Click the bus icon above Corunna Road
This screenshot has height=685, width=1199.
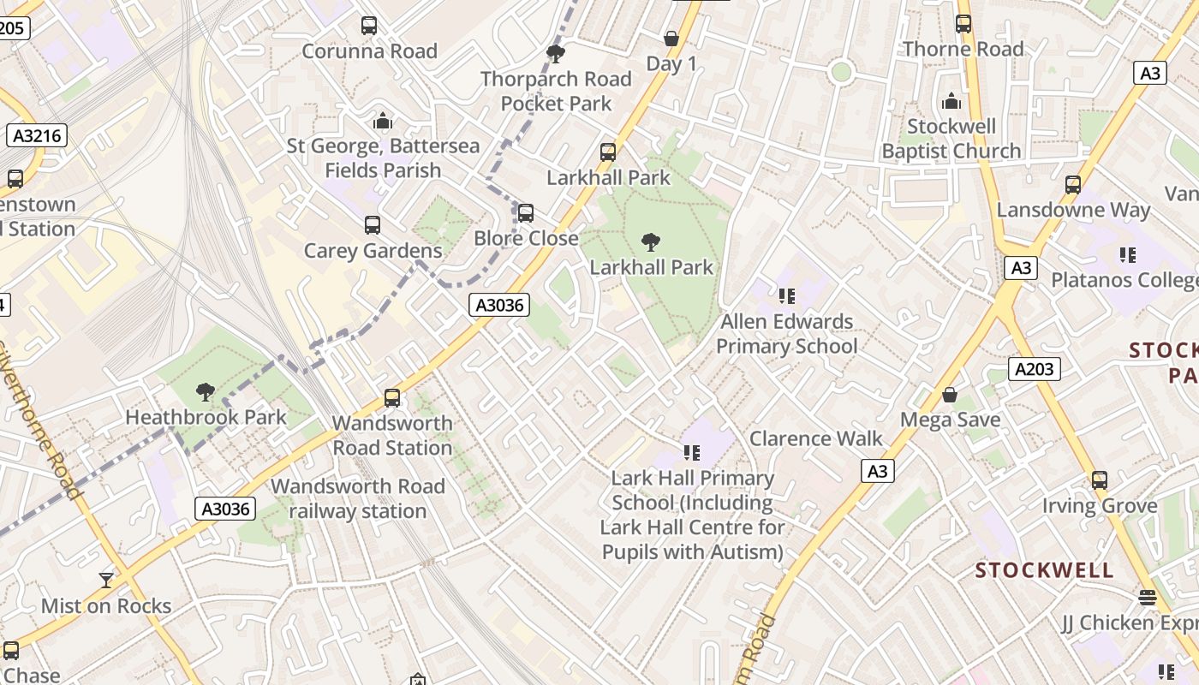(369, 26)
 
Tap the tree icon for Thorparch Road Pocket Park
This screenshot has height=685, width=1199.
(556, 54)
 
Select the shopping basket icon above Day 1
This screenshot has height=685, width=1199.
(671, 39)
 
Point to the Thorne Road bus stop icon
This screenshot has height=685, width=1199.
(963, 24)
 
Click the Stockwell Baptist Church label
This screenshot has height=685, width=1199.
(951, 139)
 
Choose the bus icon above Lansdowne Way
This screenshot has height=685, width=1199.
(1073, 184)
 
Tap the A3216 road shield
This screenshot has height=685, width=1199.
(35, 135)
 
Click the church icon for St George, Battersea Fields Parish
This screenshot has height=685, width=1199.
(382, 121)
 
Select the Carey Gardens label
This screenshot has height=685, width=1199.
(373, 251)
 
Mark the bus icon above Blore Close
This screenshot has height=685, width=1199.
(526, 212)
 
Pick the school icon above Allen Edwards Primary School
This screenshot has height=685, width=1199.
(786, 296)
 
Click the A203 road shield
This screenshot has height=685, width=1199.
(1035, 369)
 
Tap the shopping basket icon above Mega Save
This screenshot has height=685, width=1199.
(950, 395)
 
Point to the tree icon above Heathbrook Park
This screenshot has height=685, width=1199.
(205, 392)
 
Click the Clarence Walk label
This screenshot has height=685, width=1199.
(815, 438)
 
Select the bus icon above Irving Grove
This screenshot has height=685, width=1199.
(1100, 480)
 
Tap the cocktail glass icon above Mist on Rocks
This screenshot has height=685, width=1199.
(106, 581)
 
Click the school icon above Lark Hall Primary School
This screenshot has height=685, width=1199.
(692, 452)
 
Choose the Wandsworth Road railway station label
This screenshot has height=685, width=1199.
(358, 498)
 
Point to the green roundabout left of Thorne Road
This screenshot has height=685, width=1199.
(841, 72)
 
